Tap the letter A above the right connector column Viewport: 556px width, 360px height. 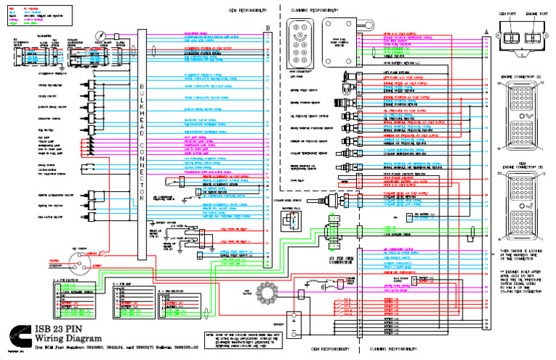click(x=486, y=29)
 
